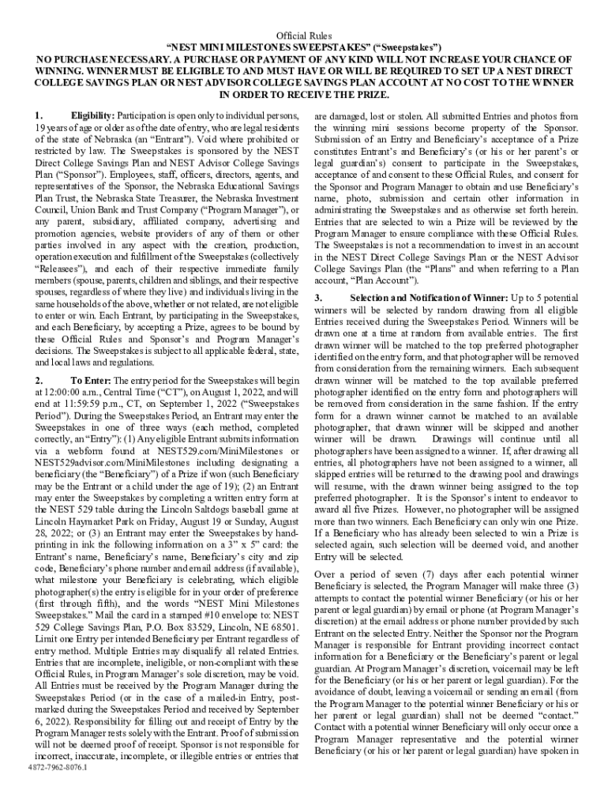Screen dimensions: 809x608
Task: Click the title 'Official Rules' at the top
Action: pos(304,36)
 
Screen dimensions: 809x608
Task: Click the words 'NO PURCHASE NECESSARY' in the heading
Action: pos(99,60)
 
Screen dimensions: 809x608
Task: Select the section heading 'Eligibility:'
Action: pos(93,116)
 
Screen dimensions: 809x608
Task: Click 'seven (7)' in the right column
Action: pos(395,574)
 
